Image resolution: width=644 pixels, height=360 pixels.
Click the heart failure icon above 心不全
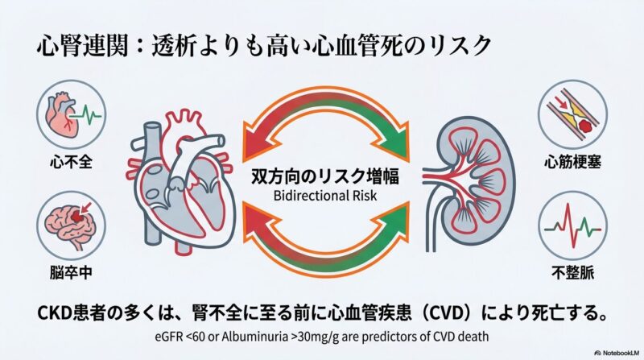pyautogui.click(x=67, y=115)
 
